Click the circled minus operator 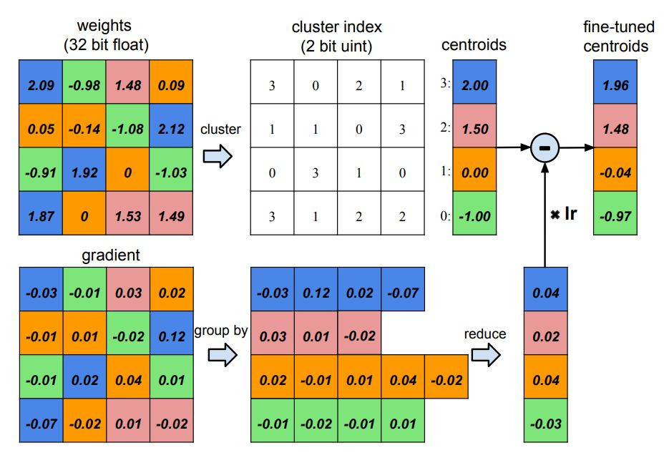point(545,147)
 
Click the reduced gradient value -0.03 point(547,423)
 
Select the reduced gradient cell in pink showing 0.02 point(547,334)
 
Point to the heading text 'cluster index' point(337,28)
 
